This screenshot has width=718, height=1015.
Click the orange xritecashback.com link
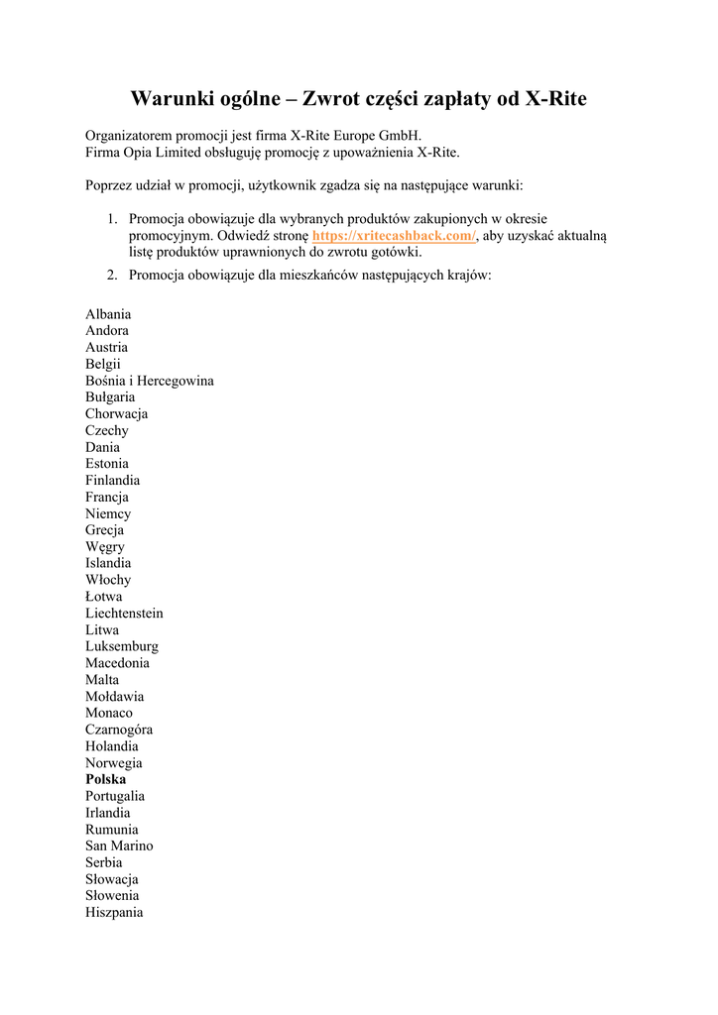[394, 236]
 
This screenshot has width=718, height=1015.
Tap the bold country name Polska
[106, 780]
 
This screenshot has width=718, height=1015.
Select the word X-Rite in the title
[555, 99]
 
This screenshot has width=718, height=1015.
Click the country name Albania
[108, 314]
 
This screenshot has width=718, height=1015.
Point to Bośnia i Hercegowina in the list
[150, 381]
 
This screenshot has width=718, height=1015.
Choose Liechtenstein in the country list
[124, 614]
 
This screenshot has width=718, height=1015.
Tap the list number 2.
[112, 275]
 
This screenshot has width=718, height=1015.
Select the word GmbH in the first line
[401, 136]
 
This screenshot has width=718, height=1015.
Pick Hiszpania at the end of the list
[114, 913]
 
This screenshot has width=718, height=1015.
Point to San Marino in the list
[119, 846]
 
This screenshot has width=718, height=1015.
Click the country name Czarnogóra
[119, 730]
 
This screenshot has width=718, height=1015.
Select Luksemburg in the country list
[122, 646]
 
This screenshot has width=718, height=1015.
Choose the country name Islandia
[108, 563]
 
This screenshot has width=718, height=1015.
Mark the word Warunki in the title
[173, 99]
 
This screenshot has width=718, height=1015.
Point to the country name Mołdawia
[114, 697]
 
